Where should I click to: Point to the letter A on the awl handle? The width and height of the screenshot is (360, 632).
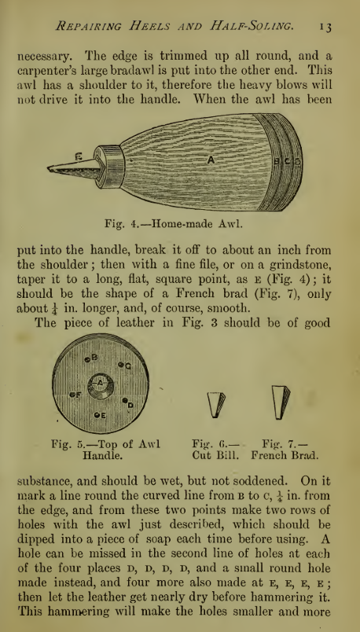[211, 160]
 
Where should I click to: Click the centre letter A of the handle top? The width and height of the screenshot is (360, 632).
[100, 383]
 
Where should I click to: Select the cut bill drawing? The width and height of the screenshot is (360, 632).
[216, 403]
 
